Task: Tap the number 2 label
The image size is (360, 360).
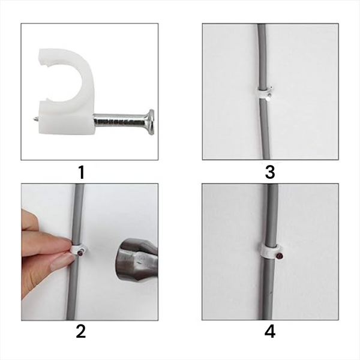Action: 81,331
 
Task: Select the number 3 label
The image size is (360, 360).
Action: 269,172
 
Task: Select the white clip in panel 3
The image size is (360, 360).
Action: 262,93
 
